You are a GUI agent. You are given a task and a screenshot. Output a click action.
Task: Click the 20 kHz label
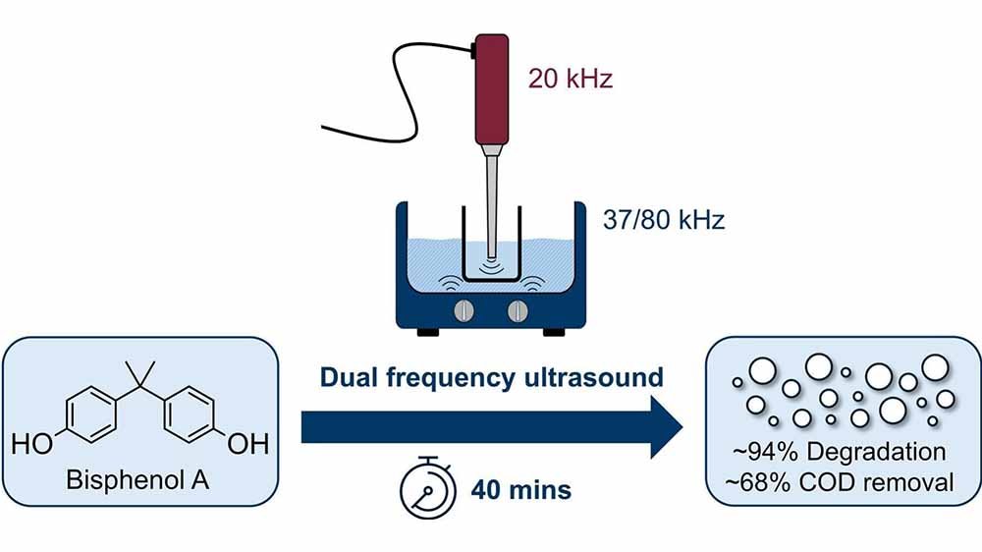coord(570,79)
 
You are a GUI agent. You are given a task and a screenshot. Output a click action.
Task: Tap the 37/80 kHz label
coord(663,220)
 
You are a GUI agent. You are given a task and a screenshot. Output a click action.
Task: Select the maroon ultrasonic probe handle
coord(492,88)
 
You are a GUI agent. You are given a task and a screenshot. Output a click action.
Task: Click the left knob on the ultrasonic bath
coord(464,310)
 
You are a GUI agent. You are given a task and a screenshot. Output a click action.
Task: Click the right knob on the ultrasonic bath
coord(518,310)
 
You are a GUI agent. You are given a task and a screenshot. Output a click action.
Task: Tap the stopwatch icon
coord(428,487)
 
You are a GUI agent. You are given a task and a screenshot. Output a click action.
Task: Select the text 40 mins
coord(521,489)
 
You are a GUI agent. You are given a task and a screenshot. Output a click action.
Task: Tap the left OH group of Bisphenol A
coord(32,444)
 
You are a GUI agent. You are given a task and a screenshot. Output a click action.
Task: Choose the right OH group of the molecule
coord(248,444)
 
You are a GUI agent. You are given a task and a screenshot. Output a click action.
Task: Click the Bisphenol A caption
coord(137,480)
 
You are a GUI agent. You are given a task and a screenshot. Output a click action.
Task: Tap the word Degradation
coord(876,452)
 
